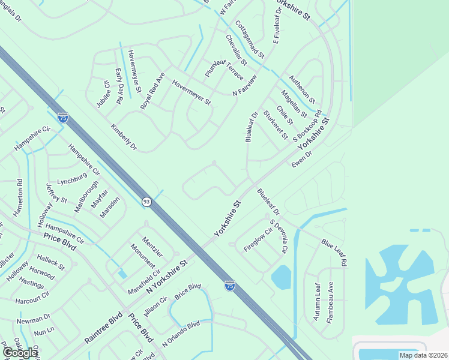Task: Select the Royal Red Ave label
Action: coord(152,91)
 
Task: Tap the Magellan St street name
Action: coord(294,103)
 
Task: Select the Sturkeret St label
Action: coord(275,123)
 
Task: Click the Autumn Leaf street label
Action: coord(318,302)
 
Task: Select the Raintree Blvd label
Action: coord(103,327)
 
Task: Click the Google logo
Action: coord(20,353)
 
